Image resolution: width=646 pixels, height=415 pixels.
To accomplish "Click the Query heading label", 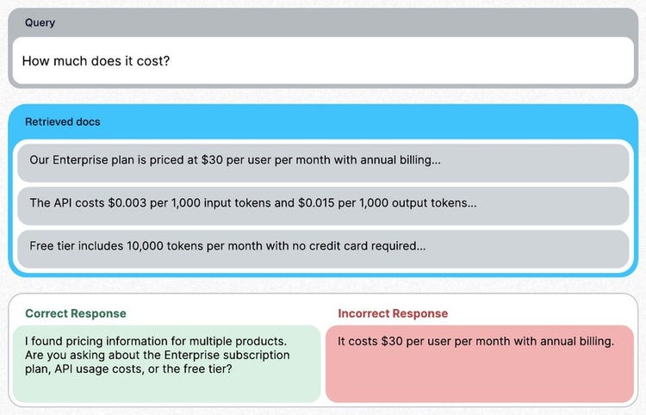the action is pos(40,22).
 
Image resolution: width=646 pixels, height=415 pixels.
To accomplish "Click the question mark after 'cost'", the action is pos(166,61).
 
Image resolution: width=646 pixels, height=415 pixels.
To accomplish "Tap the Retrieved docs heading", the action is pos(63,122).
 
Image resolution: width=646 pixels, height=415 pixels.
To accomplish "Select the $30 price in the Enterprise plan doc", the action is pos(212,160).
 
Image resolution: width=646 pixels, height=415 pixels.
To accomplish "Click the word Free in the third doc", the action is pos(40,245).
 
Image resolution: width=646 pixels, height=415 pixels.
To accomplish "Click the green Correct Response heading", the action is pos(76,313).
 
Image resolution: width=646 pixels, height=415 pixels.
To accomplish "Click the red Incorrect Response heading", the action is pos(393,313).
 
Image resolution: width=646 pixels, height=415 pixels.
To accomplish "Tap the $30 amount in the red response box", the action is pos(392,341).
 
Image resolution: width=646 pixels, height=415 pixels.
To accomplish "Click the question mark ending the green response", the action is pos(229,369).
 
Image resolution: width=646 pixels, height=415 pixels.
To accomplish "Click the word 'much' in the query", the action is pos(70,61).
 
